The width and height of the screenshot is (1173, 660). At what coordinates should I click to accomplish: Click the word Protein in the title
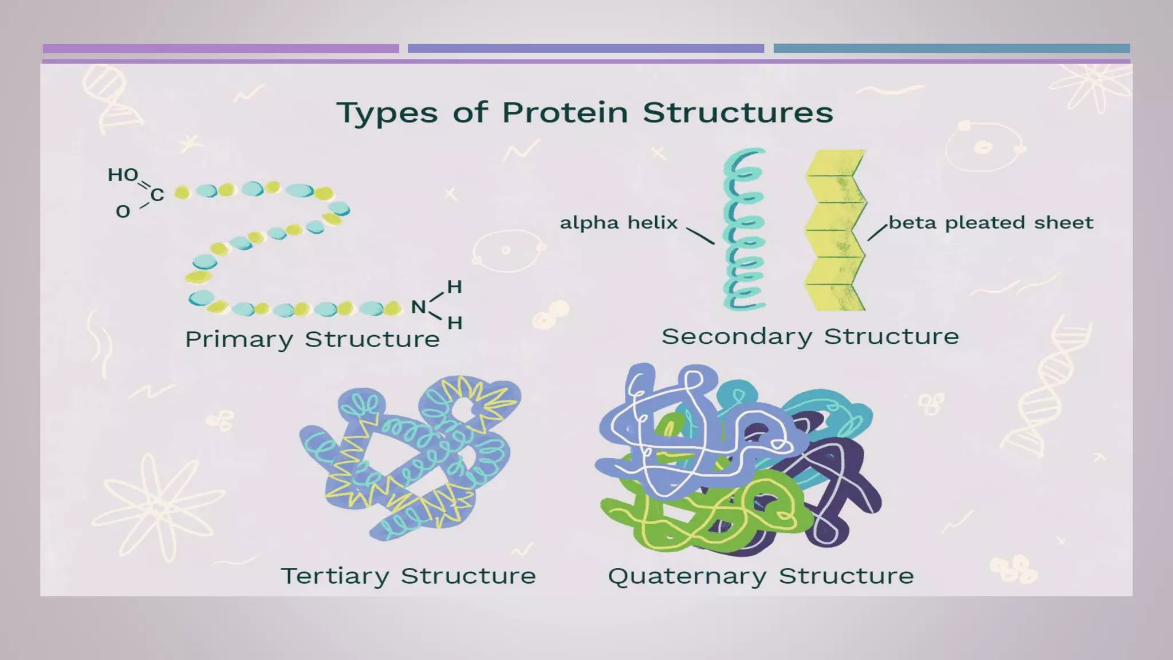tap(565, 112)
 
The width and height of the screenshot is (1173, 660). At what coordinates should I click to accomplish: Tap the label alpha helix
tap(619, 222)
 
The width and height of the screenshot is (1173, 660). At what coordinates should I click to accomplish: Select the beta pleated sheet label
tap(991, 222)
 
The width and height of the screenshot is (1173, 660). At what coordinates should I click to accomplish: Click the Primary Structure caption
tap(312, 339)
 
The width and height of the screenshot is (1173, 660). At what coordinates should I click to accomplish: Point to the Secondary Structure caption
tap(810, 336)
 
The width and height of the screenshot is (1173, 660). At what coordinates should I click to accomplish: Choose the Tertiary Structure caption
tap(408, 576)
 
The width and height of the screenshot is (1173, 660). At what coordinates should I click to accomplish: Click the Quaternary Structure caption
tap(761, 576)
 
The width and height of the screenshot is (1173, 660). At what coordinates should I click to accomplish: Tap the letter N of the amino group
tap(418, 307)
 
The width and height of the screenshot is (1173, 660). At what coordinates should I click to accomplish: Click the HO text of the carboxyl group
tap(123, 175)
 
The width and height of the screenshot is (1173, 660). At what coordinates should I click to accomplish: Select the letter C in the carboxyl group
tap(158, 195)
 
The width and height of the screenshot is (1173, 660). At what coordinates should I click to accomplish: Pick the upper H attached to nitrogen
tap(454, 286)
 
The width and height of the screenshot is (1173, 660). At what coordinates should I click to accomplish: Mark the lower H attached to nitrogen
tap(455, 323)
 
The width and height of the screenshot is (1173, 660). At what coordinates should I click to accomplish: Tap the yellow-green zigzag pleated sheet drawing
tap(835, 229)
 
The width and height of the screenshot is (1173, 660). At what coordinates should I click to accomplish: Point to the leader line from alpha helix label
tap(700, 235)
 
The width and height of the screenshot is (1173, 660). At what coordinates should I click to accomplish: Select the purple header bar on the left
tap(221, 49)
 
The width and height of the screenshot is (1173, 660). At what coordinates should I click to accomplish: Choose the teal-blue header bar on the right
tap(951, 49)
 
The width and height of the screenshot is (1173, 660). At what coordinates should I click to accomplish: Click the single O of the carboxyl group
tap(123, 211)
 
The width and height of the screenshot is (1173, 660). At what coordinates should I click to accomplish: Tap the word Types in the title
tap(387, 113)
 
